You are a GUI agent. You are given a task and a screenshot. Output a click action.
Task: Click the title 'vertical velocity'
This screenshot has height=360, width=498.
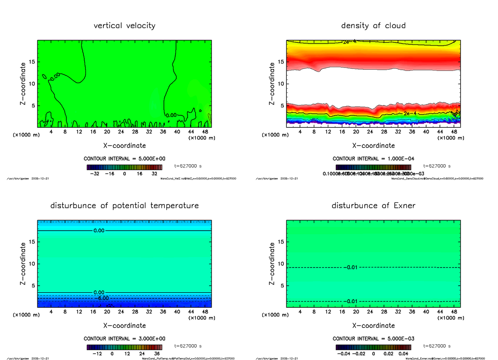(x=124, y=26)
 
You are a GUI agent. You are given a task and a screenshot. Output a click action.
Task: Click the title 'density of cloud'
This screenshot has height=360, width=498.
(x=373, y=26)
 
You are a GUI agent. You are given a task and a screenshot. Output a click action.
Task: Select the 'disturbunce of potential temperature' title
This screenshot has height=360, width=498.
(x=124, y=206)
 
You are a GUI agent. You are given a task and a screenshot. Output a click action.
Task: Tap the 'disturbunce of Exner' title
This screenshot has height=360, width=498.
(x=373, y=206)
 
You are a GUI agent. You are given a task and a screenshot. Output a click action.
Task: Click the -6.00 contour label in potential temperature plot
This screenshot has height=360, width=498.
(x=101, y=298)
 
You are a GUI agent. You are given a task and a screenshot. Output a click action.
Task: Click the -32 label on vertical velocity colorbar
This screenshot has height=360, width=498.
(x=97, y=174)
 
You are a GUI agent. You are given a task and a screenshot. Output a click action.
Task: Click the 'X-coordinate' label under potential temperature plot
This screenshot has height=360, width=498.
(x=124, y=326)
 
